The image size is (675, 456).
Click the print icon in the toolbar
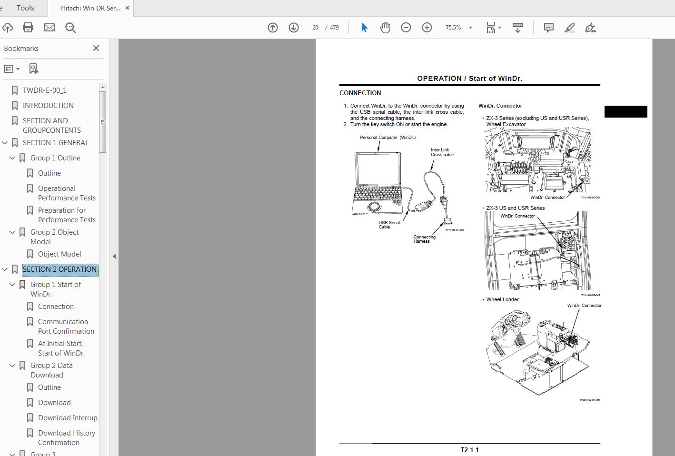(x=28, y=28)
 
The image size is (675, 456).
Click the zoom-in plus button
(x=427, y=28)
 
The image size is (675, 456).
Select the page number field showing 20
(x=315, y=28)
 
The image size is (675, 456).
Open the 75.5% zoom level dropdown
(x=470, y=28)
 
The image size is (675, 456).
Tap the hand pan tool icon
(x=385, y=28)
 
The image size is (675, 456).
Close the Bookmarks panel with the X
(x=96, y=48)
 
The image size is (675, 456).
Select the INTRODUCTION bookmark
(x=48, y=105)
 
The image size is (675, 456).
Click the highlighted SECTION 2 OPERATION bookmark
(x=60, y=269)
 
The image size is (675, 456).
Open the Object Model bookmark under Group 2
(x=60, y=254)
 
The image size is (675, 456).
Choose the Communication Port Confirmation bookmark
(x=66, y=327)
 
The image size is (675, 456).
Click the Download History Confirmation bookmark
(x=66, y=437)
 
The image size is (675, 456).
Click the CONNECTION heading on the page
(x=360, y=93)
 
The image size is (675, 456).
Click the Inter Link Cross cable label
(x=442, y=152)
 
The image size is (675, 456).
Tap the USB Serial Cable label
(x=389, y=225)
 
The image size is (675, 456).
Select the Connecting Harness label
(x=424, y=239)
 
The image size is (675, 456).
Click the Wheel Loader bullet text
(x=502, y=299)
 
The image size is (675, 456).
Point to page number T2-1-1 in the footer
(x=469, y=450)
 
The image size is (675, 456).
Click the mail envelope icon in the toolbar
(x=50, y=28)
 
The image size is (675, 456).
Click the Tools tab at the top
(x=25, y=8)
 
